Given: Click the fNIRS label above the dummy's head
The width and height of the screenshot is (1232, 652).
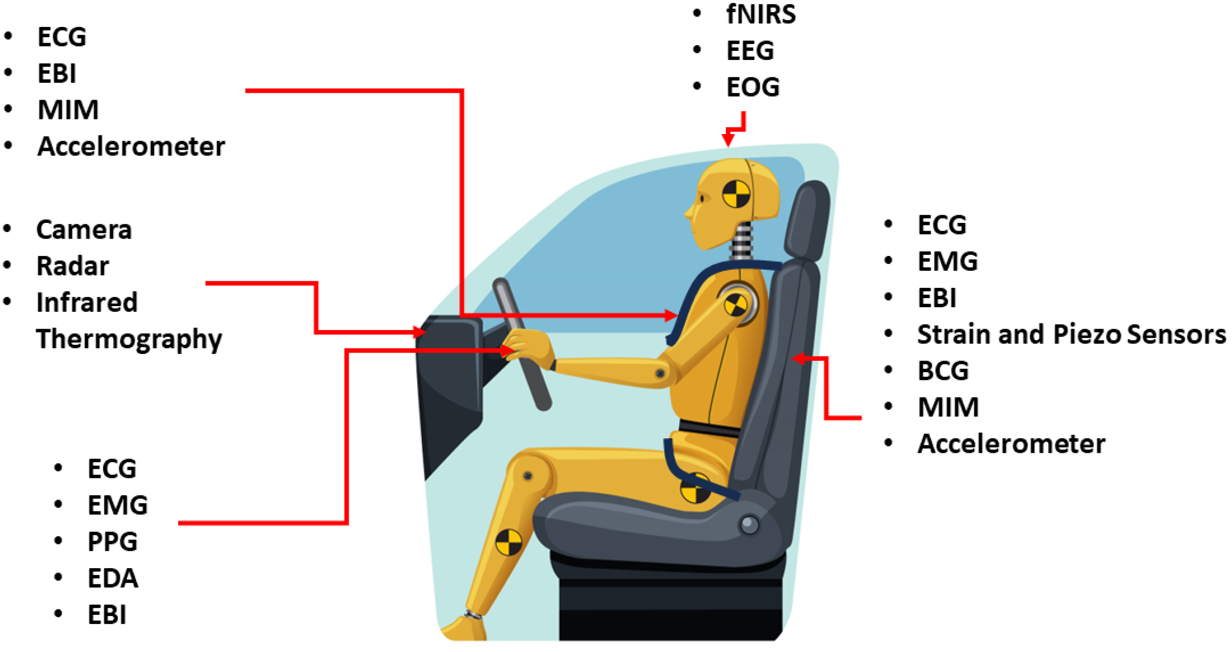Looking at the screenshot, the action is tap(761, 14).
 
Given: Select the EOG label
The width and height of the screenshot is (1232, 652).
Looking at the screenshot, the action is tap(753, 87).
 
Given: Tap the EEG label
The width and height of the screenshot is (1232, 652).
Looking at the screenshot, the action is tap(750, 50).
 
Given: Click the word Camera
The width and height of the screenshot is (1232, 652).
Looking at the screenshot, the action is tap(84, 230).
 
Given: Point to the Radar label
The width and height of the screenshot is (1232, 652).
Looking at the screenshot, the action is tap(73, 266).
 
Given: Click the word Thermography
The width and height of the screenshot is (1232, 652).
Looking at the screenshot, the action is tap(129, 339).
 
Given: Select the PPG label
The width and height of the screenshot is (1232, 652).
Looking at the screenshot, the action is tap(113, 541).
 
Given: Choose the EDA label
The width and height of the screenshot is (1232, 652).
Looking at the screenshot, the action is tap(113, 578).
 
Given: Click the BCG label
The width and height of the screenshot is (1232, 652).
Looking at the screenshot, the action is tap(943, 371).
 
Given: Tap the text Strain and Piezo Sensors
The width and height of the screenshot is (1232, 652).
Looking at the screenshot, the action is tap(1072, 335).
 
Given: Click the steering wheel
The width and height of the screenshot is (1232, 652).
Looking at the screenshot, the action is tap(522, 344).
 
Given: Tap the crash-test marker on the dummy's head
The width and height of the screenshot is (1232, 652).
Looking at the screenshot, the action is tap(736, 194).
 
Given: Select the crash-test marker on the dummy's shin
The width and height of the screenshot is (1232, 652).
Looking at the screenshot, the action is tap(509, 542).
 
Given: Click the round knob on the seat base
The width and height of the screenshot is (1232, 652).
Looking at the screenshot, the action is tap(749, 525).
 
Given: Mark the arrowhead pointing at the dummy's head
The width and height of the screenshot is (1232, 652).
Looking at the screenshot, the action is tap(728, 139).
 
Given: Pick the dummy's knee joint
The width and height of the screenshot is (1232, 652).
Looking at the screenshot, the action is tap(528, 476).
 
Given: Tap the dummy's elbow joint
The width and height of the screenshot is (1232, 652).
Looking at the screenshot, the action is tap(660, 374).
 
